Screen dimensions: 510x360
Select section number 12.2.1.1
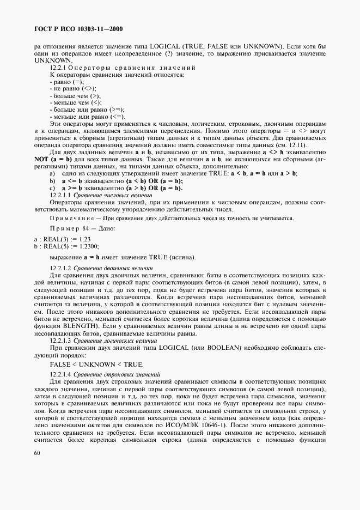click(60, 195)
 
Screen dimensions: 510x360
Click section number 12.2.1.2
click(60, 269)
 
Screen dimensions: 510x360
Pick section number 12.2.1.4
click(60, 374)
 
